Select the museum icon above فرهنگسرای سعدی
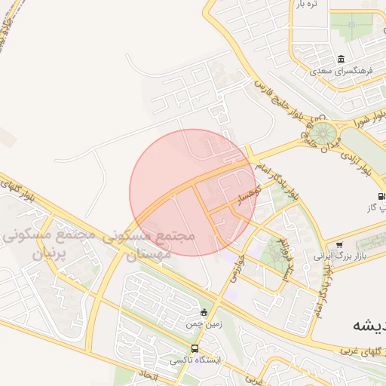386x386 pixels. click(x=342, y=60)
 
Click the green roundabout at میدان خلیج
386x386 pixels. click(x=326, y=135)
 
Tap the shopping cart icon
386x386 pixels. click(x=341, y=244)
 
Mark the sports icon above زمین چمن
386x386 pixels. click(x=204, y=312)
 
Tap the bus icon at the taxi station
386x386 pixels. click(x=195, y=348)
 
